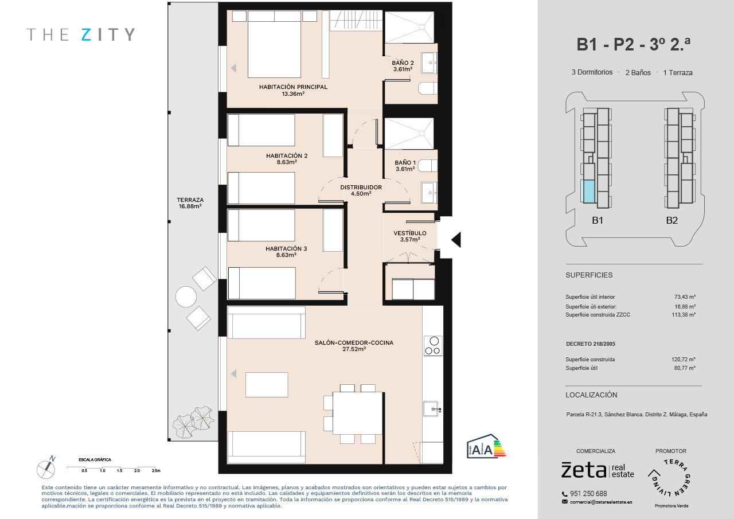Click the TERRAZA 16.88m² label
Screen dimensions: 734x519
190,203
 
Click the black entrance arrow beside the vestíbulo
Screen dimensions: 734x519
456,240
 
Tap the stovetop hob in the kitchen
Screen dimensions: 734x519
433,346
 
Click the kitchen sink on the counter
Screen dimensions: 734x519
432,409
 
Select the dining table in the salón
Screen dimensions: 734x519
358,413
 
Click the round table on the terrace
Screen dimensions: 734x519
186,297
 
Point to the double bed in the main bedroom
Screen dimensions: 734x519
274,44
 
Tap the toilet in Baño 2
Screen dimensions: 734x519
428,88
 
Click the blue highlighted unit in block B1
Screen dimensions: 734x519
588,192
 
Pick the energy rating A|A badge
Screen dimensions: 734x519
486,446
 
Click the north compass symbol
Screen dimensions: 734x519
46,468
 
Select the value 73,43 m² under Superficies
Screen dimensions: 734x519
685,297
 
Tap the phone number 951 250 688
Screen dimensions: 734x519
588,493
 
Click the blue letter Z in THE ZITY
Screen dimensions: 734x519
86,34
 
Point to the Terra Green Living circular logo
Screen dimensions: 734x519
670,477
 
